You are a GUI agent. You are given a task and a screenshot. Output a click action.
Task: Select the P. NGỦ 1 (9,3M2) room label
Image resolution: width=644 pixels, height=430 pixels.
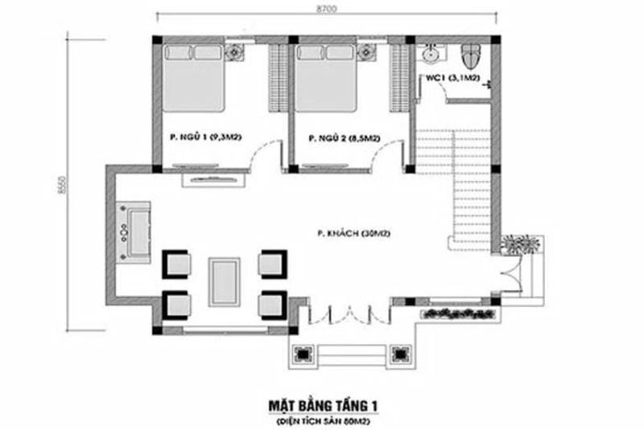[202, 138]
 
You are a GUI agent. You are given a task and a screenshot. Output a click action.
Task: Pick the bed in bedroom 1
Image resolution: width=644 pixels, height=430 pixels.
[195, 78]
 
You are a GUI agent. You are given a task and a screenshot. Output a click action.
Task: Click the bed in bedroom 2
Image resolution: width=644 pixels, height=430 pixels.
[327, 78]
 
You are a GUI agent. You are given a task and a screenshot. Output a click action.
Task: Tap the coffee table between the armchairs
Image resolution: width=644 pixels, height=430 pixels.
[225, 278]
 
